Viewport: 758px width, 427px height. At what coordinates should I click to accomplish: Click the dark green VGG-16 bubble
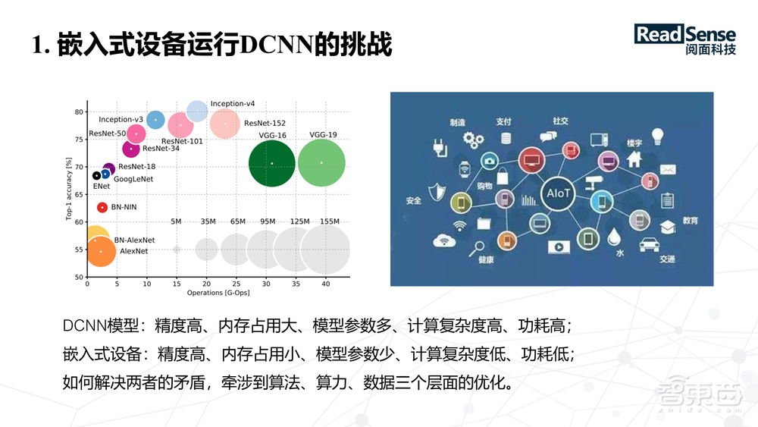[271, 163]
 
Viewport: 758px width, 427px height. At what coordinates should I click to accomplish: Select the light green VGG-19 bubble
[321, 162]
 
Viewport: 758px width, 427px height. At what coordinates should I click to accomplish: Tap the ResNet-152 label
[265, 123]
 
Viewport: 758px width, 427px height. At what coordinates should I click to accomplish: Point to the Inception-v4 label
[233, 103]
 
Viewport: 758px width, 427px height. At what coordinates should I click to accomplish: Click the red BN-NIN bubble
[102, 207]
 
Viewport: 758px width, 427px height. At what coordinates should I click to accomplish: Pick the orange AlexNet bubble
[100, 251]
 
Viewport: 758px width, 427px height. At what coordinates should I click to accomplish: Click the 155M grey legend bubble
[326, 249]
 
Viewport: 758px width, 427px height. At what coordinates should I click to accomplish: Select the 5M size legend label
[177, 221]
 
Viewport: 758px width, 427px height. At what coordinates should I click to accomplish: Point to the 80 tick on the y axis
[79, 112]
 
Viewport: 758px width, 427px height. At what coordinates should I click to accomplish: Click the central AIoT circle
[554, 194]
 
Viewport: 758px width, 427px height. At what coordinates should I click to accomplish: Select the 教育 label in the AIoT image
[690, 221]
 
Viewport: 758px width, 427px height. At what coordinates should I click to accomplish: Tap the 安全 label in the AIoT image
[414, 201]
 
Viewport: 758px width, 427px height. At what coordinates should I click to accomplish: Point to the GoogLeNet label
[133, 179]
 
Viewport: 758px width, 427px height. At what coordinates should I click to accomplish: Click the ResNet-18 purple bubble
[108, 170]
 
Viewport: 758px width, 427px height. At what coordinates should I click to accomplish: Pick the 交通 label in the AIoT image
[667, 259]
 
